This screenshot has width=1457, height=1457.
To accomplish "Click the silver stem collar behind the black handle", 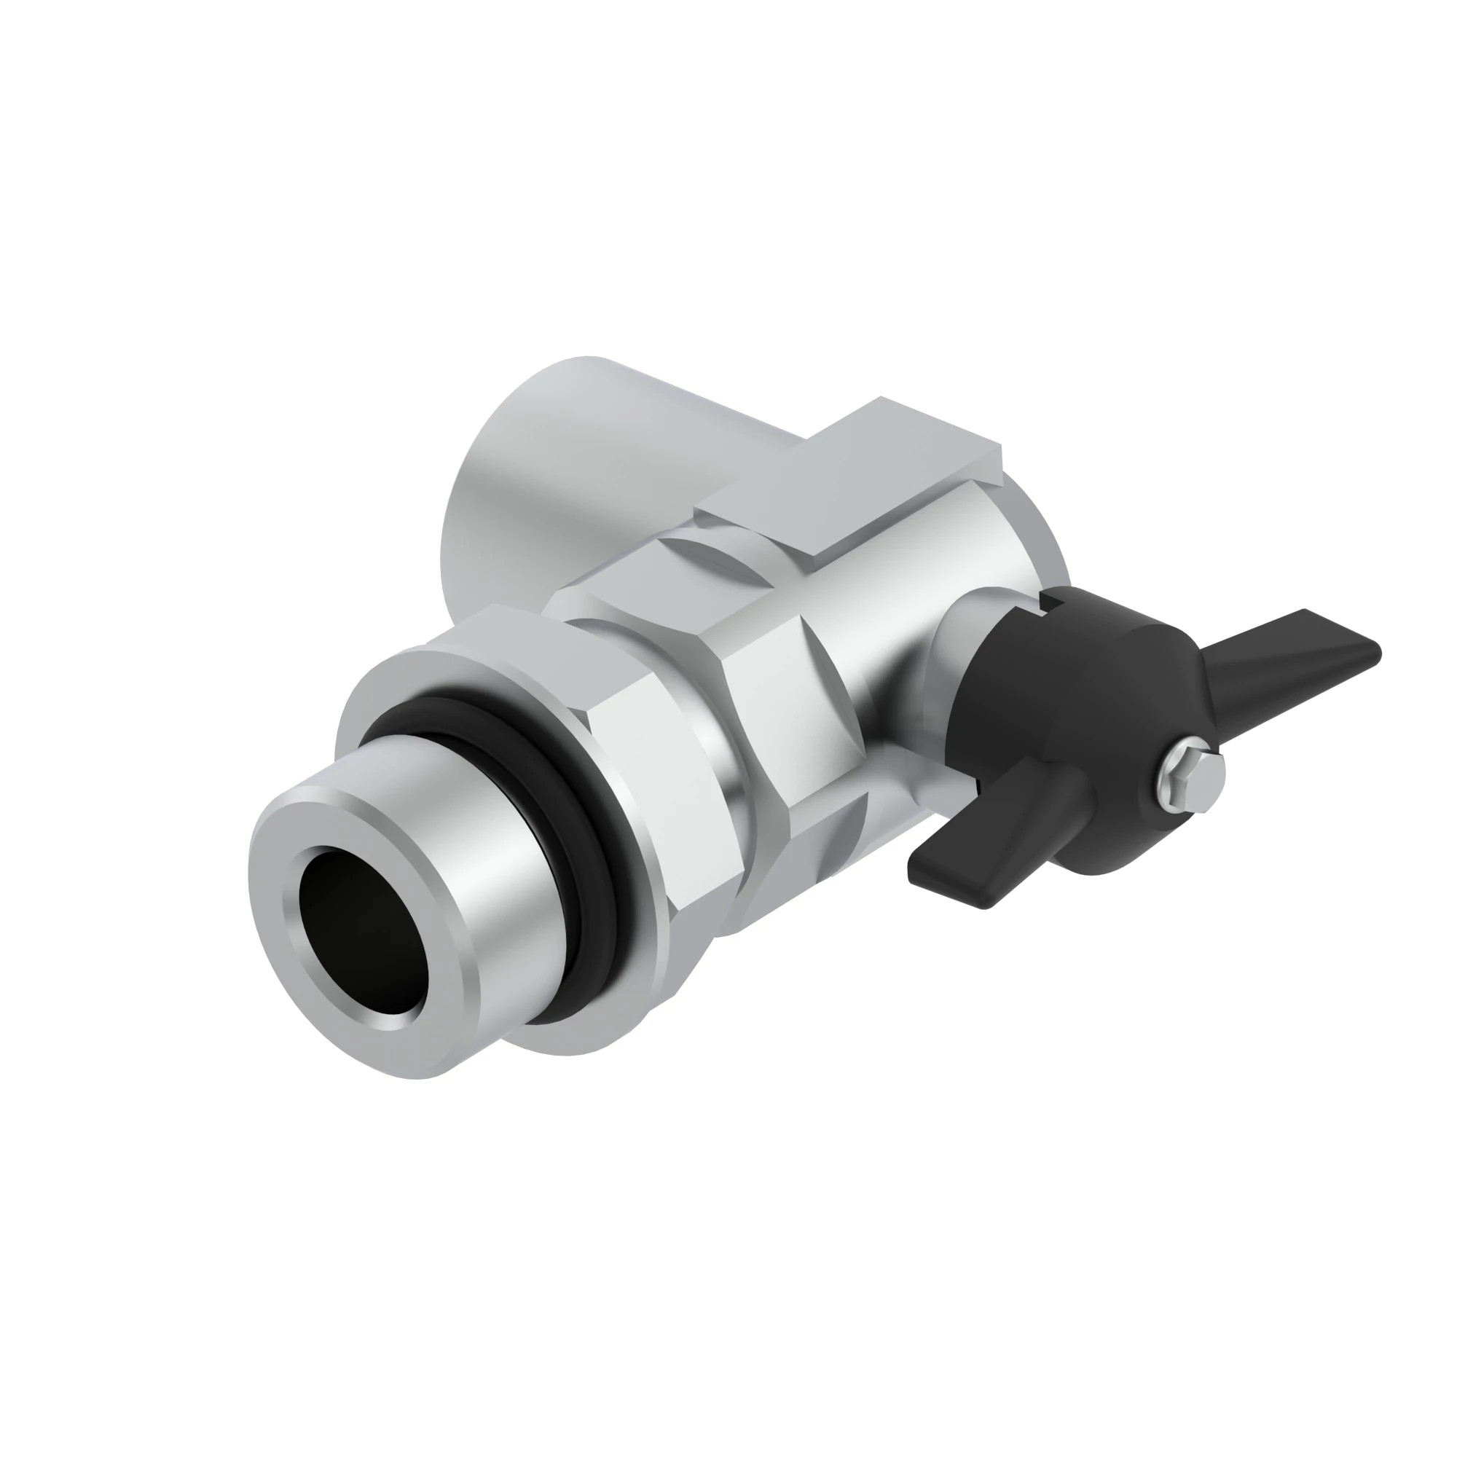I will (958, 641).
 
